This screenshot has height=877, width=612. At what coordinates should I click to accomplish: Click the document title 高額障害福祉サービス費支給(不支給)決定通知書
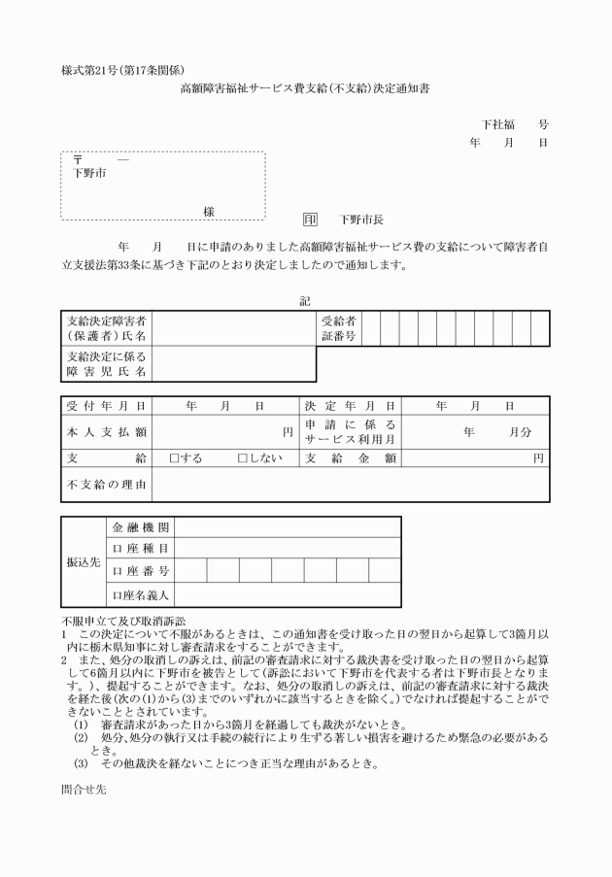pyautogui.click(x=305, y=87)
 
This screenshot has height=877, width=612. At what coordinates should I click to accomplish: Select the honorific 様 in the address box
pyautogui.click(x=208, y=211)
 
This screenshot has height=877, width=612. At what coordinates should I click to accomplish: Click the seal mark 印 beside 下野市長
pyautogui.click(x=310, y=220)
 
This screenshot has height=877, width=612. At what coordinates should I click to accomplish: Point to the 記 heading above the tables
pyautogui.click(x=305, y=301)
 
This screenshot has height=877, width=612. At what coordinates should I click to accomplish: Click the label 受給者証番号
pyautogui.click(x=339, y=328)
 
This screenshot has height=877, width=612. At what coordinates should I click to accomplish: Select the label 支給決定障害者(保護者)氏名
pyautogui.click(x=107, y=328)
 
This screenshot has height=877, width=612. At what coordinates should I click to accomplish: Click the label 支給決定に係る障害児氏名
pyautogui.click(x=107, y=364)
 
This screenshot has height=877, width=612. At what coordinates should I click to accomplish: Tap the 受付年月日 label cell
pyautogui.click(x=107, y=405)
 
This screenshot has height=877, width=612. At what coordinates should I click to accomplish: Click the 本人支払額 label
pyautogui.click(x=107, y=431)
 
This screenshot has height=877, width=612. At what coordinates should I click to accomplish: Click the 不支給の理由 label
pyautogui.click(x=107, y=484)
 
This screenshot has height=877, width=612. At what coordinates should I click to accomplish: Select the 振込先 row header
pyautogui.click(x=83, y=562)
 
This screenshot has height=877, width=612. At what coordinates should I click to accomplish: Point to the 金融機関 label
pyautogui.click(x=141, y=527)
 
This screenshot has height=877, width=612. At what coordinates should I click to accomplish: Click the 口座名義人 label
pyautogui.click(x=141, y=594)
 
